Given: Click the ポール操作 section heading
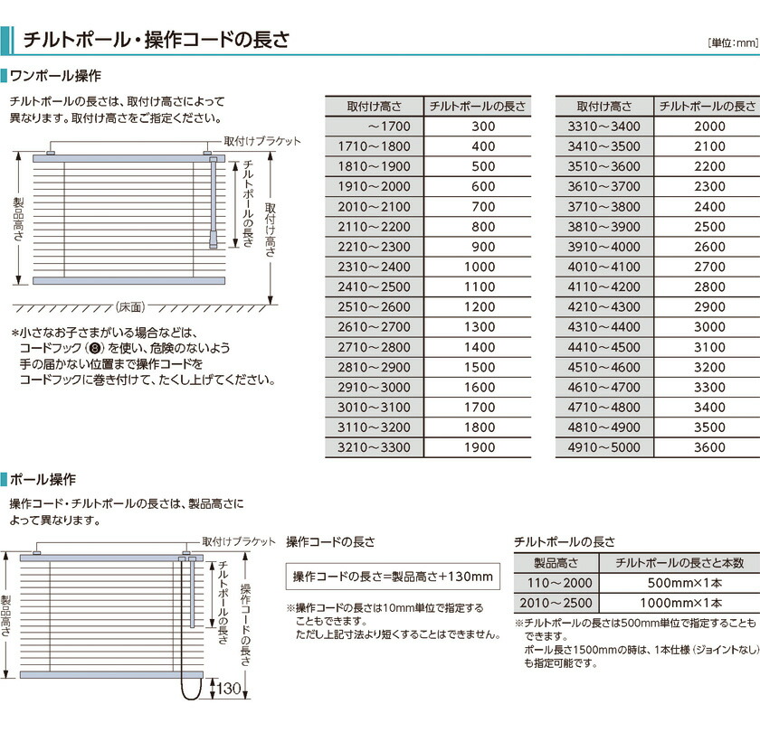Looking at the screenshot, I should click(x=49, y=479).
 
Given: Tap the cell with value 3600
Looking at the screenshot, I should click(x=709, y=447).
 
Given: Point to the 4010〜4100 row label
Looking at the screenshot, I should click(x=603, y=267).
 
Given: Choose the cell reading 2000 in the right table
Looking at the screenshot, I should click(x=709, y=127).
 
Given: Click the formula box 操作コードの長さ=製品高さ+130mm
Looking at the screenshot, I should click(x=393, y=577).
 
